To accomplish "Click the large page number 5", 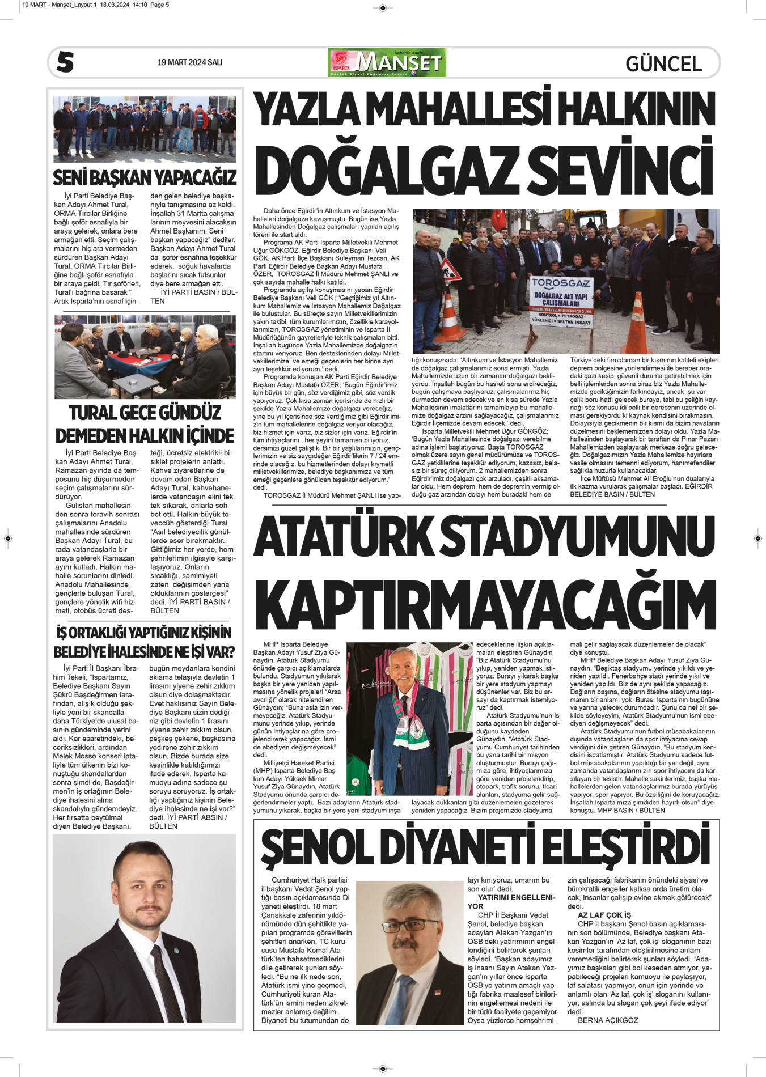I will tap(65, 62).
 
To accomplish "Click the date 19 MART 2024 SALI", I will tap(189, 62).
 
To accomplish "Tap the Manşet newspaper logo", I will tap(387, 63).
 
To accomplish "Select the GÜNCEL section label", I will tap(663, 63).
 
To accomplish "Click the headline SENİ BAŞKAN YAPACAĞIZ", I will tap(145, 177).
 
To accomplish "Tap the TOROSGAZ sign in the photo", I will tap(561, 283).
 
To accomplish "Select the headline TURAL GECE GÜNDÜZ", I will tap(145, 412).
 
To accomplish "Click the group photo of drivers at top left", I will tap(145, 129).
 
